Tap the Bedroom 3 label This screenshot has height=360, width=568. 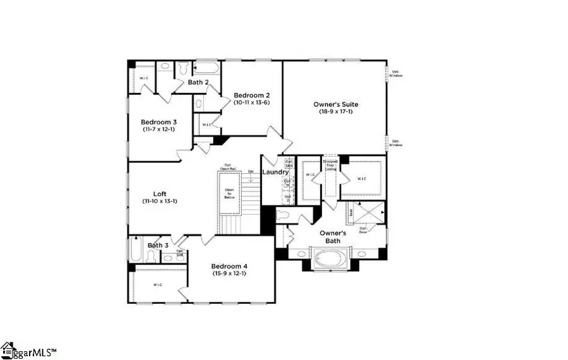158,122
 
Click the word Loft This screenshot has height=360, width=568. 159,195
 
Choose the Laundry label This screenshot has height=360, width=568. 276,172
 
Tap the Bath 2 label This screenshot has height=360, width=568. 198,82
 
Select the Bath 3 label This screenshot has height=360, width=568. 158,246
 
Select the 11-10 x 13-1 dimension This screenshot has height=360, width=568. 159,202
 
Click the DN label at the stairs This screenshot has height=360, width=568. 251,171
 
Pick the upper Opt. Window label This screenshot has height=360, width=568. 396,73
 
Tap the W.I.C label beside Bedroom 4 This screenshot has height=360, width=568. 157,285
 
